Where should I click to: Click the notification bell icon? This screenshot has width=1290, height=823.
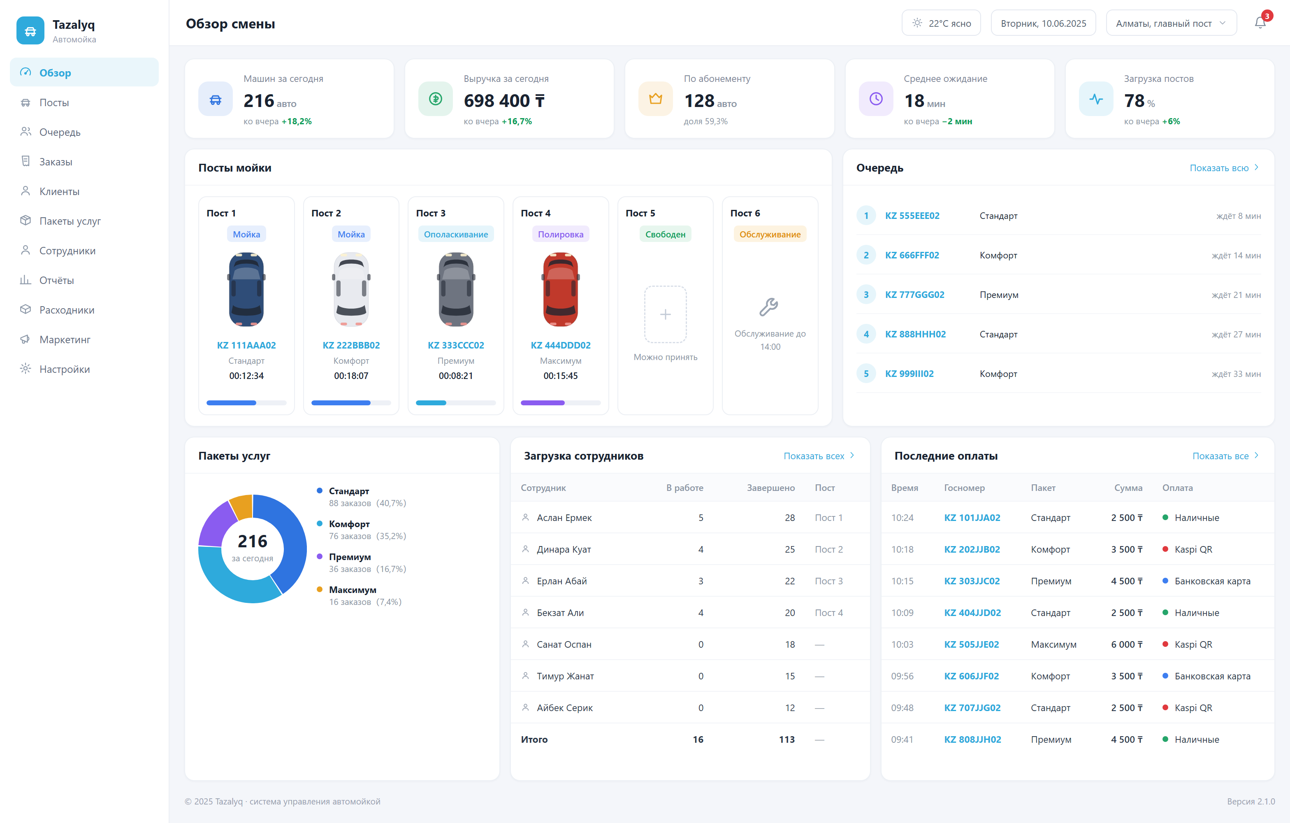(1260, 23)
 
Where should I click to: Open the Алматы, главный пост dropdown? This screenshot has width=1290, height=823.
(1171, 23)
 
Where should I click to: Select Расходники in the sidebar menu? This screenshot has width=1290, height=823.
(66, 310)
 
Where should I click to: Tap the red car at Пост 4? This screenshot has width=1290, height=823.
(560, 290)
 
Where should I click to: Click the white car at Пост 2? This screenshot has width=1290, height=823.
(351, 290)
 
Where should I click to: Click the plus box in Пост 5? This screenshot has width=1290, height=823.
(665, 314)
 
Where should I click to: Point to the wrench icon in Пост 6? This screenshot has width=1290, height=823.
(769, 307)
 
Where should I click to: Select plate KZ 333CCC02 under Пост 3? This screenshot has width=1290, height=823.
(456, 345)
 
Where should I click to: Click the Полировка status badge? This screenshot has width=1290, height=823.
(560, 234)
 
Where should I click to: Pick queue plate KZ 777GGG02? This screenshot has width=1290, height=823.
(914, 295)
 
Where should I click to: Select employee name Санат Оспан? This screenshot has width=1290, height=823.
(564, 644)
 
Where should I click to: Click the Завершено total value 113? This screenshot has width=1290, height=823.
(787, 739)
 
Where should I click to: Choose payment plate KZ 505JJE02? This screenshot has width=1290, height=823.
(971, 644)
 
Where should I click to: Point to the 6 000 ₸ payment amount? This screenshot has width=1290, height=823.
(1127, 644)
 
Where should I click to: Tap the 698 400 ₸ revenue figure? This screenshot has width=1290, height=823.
(504, 100)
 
